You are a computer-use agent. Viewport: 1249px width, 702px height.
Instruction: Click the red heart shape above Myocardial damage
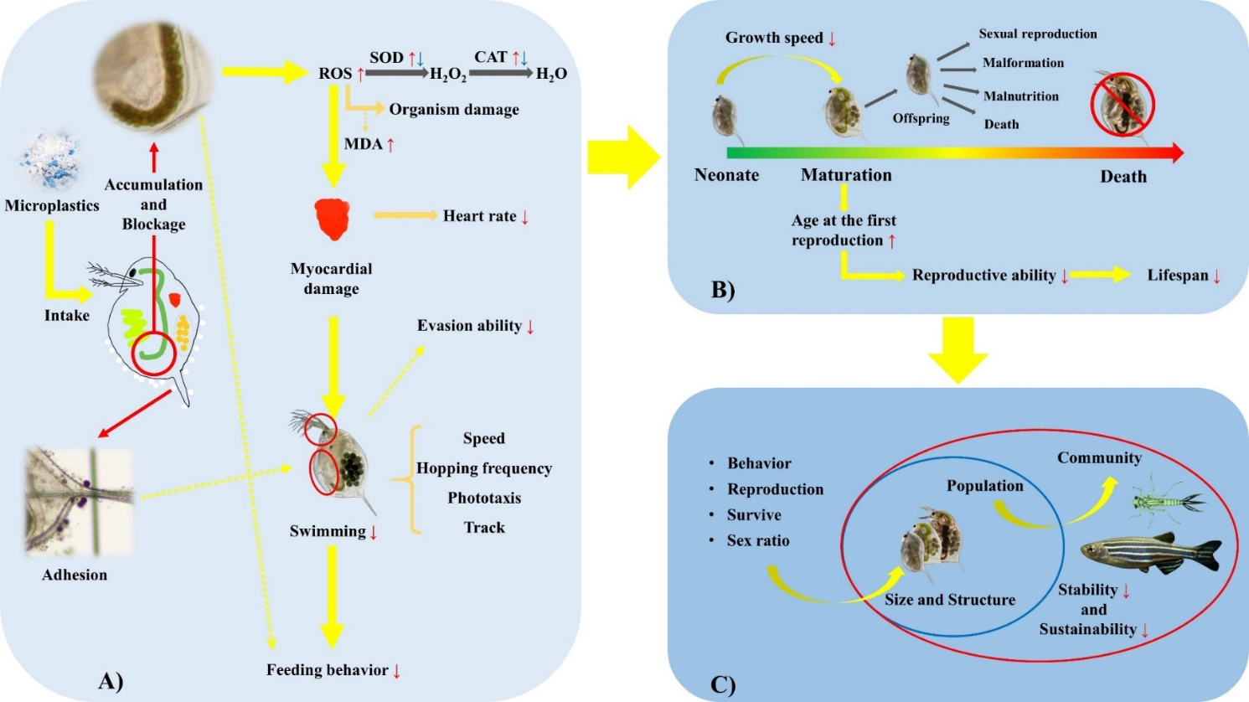(333, 219)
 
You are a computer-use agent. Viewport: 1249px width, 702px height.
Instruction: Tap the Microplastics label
(52, 205)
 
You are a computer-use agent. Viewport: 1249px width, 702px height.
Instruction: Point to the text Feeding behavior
(328, 670)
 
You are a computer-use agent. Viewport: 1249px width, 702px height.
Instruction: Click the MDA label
(364, 144)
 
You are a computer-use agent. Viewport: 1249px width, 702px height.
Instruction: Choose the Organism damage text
(454, 110)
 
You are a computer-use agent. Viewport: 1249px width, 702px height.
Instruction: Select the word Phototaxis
(484, 498)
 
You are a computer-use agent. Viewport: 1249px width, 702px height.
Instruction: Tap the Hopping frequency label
(484, 468)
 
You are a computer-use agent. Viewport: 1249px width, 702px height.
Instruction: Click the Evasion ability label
(470, 326)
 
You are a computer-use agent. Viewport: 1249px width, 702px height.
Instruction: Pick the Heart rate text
(480, 216)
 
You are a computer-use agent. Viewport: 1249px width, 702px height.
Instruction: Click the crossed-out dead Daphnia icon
(1123, 104)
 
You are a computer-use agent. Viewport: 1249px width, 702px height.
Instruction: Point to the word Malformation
(1023, 63)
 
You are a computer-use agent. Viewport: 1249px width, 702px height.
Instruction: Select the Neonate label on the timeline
(726, 175)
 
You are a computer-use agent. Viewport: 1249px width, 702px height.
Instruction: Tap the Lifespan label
(1178, 276)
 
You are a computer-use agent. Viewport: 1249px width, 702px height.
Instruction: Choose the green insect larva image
(1168, 500)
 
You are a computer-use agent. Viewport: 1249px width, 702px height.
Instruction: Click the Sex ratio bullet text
(758, 540)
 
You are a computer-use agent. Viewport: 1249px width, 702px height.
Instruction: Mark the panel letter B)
(723, 290)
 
